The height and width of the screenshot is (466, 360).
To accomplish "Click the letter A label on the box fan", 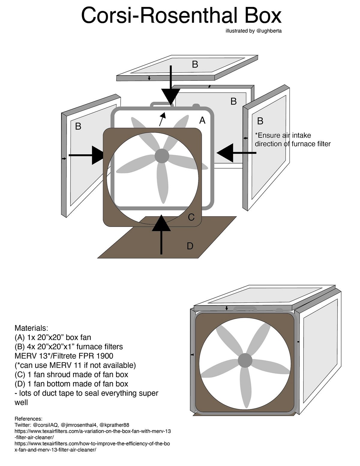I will point(202,120).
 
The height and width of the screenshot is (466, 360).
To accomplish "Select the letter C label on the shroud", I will point(191,217).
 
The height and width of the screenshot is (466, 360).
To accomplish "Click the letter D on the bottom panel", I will point(190,246).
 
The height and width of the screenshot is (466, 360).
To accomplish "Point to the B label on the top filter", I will point(195,64).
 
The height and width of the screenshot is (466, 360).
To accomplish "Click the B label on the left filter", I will point(78,126).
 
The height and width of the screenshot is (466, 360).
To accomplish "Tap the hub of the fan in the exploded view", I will point(162,156).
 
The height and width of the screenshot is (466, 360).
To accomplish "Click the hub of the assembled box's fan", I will point(245,360).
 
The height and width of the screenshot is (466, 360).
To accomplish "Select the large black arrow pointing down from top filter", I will point(170,90).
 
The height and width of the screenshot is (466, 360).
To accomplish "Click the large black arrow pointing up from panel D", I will point(161,231).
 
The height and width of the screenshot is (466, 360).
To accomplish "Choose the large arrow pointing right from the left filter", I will point(90,155).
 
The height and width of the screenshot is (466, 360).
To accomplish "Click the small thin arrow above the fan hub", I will point(162,119).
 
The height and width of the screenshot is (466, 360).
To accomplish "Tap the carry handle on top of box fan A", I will point(161,104).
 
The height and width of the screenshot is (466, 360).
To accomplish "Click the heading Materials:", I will point(31,328).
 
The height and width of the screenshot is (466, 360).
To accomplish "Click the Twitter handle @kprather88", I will point(114,425).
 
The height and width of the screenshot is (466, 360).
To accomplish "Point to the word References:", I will point(28,419).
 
